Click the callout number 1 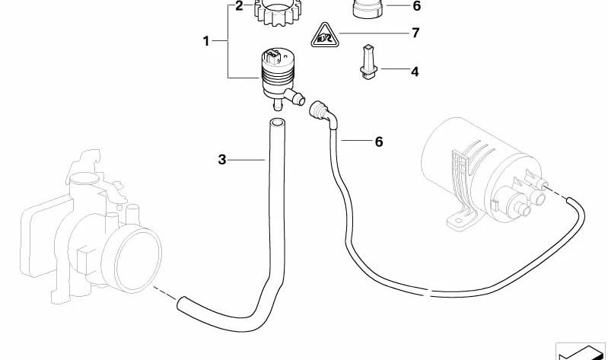pyautogui.click(x=206, y=41)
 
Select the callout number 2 pyautogui.click(x=239, y=6)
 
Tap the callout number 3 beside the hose pyautogui.click(x=221, y=159)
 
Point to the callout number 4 pyautogui.click(x=415, y=72)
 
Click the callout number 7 pyautogui.click(x=415, y=33)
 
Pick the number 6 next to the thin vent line pyautogui.click(x=379, y=142)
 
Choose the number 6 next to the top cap pyautogui.click(x=417, y=6)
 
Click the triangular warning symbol pyautogui.click(x=325, y=36)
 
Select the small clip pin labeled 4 pyautogui.click(x=368, y=62)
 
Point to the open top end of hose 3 pyautogui.click(x=277, y=123)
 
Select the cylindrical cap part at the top pyautogui.click(x=368, y=8)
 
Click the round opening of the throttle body pyautogui.click(x=137, y=259)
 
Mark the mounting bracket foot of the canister pyautogui.click(x=460, y=220)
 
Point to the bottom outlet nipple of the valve pyautogui.click(x=276, y=104)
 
